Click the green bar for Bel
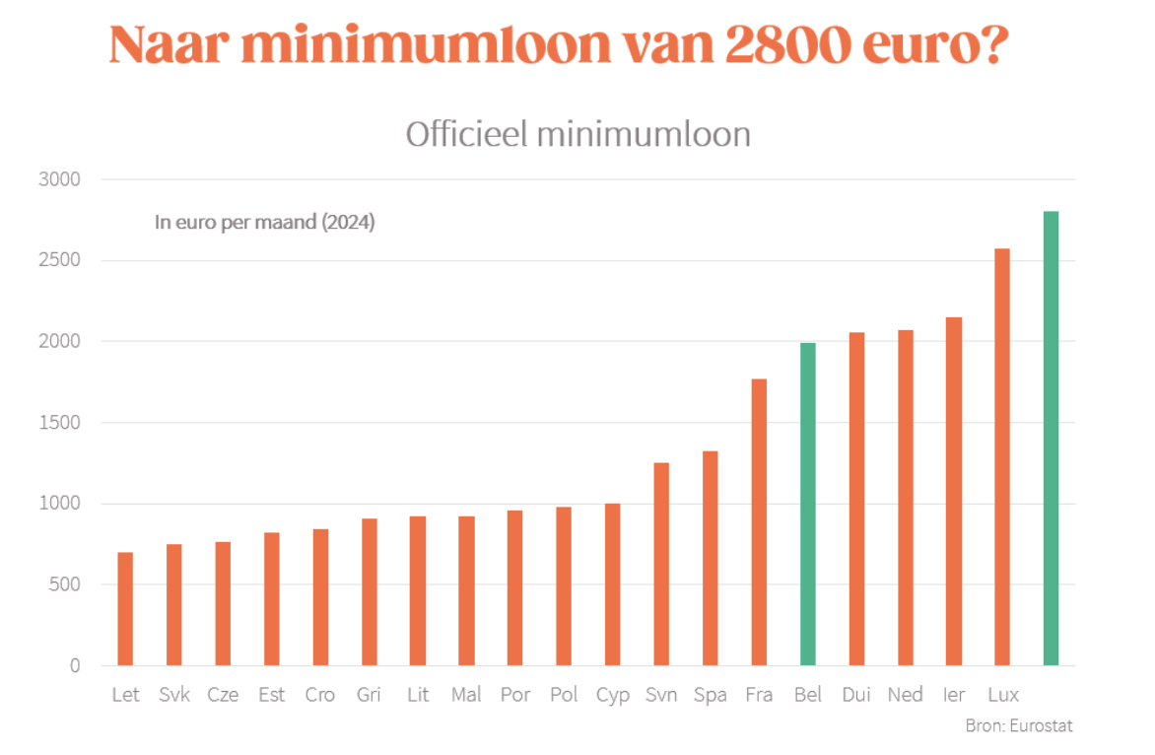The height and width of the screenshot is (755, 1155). (x=808, y=504)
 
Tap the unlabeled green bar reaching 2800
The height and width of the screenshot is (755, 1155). (x=1051, y=438)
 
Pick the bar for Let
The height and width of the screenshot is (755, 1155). (x=125, y=608)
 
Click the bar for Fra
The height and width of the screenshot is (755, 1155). (x=759, y=521)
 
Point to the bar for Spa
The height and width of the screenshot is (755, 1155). (x=711, y=558)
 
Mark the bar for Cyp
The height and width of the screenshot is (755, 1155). (x=613, y=583)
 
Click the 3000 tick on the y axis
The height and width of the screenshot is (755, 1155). (x=60, y=179)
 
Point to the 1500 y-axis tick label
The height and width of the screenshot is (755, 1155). (x=60, y=423)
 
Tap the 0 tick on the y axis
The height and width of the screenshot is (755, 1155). (x=75, y=665)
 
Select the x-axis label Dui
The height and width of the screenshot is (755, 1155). (x=855, y=695)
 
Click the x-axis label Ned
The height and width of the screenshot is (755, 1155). (x=905, y=695)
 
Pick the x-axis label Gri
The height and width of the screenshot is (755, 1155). (x=369, y=695)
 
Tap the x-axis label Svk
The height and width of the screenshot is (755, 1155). (x=174, y=695)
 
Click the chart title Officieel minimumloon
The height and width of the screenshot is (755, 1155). (x=577, y=134)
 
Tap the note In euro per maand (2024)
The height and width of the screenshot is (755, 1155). (x=264, y=223)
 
